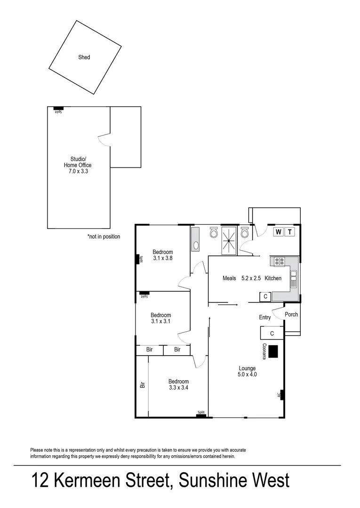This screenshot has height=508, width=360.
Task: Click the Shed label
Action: (84, 57)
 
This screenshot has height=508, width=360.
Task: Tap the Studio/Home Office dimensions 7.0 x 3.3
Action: (78, 172)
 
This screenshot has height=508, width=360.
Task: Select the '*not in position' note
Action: (104, 237)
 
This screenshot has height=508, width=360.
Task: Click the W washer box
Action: (278, 232)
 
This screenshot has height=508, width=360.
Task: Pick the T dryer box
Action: (290, 232)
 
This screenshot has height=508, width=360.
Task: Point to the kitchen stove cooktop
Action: (279, 261)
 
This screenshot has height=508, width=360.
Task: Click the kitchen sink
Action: (294, 279)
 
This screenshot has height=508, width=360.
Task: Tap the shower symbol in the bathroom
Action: (229, 240)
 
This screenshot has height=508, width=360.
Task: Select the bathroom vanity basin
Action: (196, 245)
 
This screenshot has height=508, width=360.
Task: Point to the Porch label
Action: (291, 315)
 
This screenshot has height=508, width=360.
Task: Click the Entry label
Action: (265, 317)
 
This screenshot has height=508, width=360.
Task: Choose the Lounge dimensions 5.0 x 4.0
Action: (247, 375)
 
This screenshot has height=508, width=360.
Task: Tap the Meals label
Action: (229, 278)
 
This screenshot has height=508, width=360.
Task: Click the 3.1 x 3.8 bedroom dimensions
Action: (163, 258)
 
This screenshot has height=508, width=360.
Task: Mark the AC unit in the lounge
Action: (280, 395)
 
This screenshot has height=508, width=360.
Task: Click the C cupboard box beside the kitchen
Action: (265, 296)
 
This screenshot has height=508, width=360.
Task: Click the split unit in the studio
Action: (58, 109)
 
